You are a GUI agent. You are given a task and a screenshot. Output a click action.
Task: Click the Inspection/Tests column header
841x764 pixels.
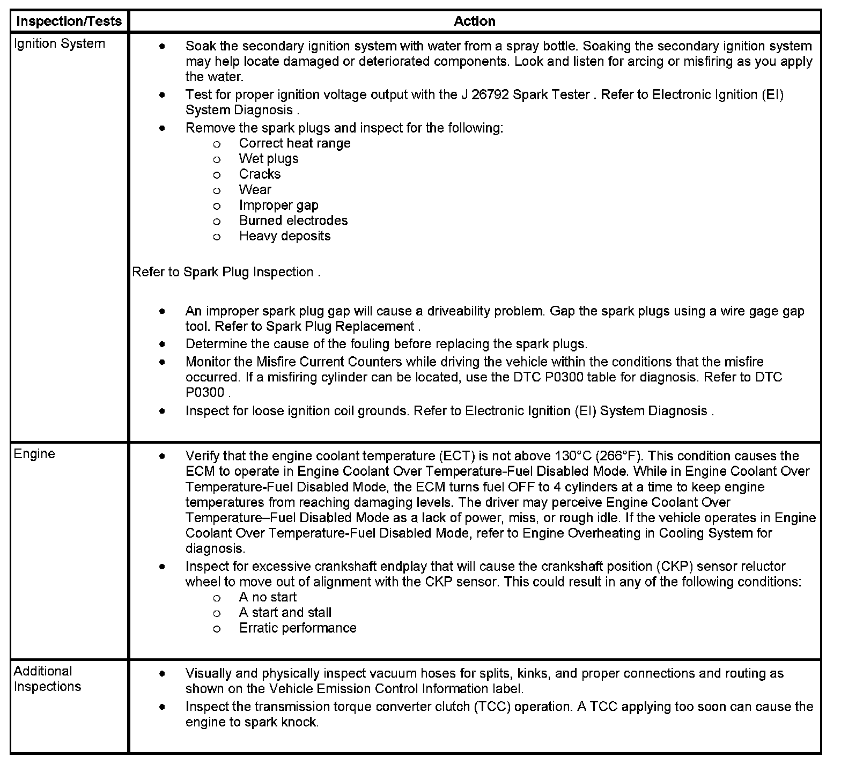(69, 21)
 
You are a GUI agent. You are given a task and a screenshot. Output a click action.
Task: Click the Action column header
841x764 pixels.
(474, 21)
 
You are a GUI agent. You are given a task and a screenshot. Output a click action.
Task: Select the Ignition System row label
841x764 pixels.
(59, 43)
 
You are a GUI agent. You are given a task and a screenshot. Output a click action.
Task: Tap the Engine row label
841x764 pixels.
(34, 454)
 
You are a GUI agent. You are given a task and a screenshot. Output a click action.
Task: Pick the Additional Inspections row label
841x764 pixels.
(47, 679)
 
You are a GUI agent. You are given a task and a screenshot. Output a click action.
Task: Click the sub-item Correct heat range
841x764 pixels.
(294, 143)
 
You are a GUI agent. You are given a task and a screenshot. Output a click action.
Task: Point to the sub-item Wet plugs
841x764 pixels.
(268, 159)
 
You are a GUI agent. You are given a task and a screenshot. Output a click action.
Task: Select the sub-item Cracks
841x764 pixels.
(260, 174)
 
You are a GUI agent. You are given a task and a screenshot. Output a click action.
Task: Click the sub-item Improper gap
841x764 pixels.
(278, 205)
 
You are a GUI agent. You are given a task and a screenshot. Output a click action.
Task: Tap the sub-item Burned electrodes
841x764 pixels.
(293, 221)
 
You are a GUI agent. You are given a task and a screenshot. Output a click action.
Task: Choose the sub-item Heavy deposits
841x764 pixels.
(284, 236)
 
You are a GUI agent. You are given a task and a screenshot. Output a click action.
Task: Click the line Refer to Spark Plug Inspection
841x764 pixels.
(226, 272)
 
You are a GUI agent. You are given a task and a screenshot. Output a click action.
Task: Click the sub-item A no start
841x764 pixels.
(267, 597)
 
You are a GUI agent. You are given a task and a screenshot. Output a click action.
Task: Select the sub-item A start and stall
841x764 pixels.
(285, 613)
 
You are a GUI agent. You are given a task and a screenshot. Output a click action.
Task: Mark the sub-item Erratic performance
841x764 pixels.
(297, 628)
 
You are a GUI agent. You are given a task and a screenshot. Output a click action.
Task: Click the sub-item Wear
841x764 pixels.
(255, 190)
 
